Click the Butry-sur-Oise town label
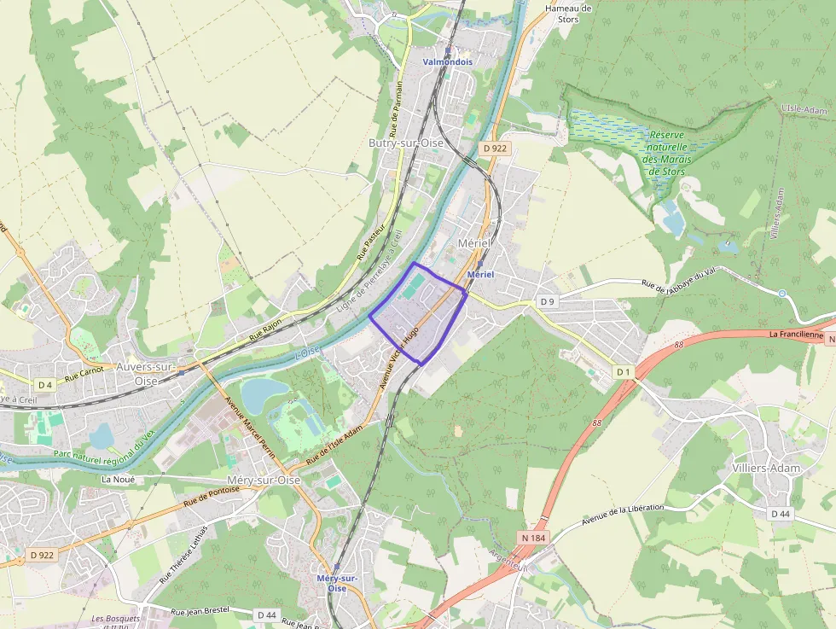tap(406, 143)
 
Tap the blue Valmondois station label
tap(448, 62)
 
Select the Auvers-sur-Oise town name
tap(146, 373)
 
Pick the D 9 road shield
tap(547, 302)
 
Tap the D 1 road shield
tap(624, 372)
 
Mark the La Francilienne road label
tap(795, 335)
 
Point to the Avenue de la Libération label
tap(622, 515)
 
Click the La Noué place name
tap(118, 480)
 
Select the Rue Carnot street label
tap(84, 371)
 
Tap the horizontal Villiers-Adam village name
tap(768, 469)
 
